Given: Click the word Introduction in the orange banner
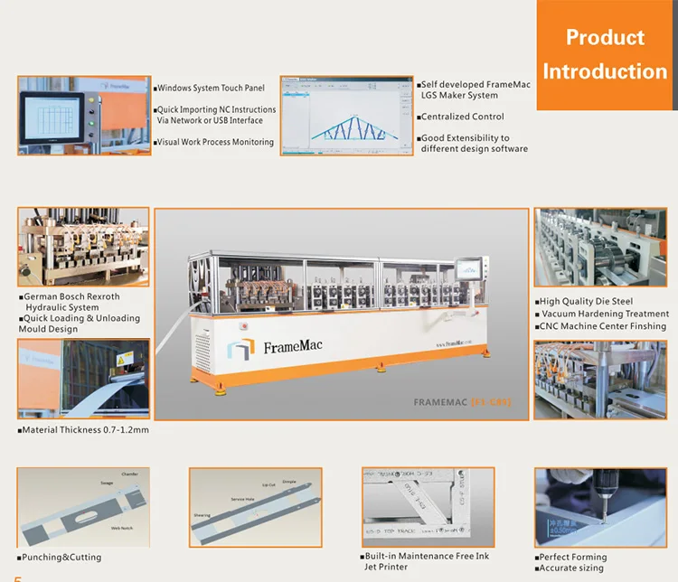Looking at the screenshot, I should (605, 71).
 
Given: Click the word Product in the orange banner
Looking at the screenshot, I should (605, 38).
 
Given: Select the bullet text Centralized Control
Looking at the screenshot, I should (463, 117).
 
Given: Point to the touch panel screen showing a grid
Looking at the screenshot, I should (57, 118).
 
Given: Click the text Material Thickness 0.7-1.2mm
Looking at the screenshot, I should (86, 430).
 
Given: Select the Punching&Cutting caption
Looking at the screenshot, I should (61, 557).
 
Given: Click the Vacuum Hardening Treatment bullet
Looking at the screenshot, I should (604, 314).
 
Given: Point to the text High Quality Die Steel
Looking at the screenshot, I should (586, 301).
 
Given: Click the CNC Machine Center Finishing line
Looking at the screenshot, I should (602, 326).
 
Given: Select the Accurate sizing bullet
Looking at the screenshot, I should (571, 568).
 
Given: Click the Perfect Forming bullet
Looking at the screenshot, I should (572, 557).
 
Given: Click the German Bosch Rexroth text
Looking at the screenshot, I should (71, 296).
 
